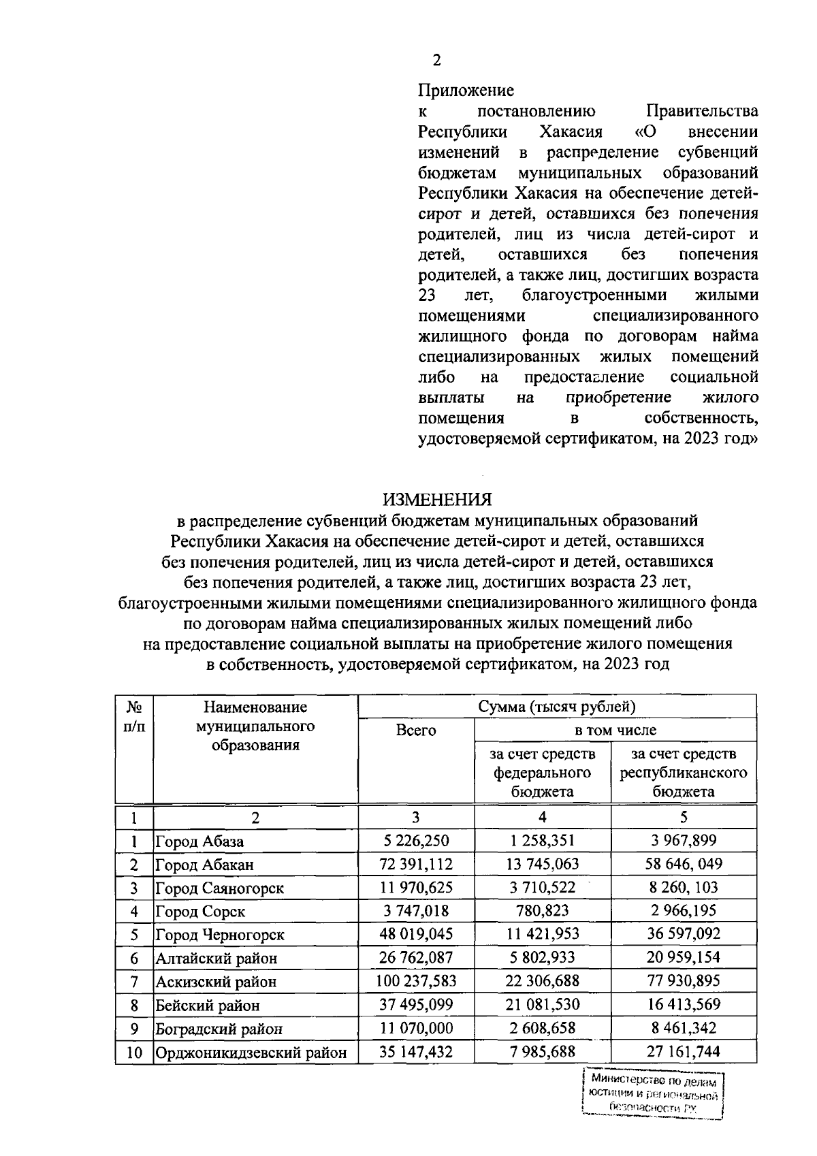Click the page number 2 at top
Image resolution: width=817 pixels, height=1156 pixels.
click(x=436, y=60)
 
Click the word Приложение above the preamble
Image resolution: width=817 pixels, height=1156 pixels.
click(x=466, y=90)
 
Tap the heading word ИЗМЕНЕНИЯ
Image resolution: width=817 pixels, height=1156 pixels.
click(x=436, y=499)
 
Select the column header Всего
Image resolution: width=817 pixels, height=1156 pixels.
click(x=416, y=730)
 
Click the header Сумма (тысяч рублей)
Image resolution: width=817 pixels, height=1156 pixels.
click(x=557, y=707)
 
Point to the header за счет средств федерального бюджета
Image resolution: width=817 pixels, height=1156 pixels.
click(x=542, y=772)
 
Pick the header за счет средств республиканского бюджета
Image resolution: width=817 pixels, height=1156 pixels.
click(x=683, y=772)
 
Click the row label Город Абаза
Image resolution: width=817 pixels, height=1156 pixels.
click(x=199, y=841)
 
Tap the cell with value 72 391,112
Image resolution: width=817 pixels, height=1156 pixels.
click(x=416, y=865)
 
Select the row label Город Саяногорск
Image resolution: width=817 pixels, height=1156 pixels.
click(x=219, y=888)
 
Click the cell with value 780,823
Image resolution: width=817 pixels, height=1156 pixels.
click(x=542, y=911)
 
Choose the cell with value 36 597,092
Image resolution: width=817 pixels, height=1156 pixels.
click(x=683, y=934)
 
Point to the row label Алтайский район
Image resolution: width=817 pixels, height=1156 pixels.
click(x=217, y=959)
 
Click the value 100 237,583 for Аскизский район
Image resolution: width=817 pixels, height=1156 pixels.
click(x=416, y=981)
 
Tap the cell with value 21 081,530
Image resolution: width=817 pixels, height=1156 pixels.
click(x=542, y=1004)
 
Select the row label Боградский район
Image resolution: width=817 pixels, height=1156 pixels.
click(x=219, y=1029)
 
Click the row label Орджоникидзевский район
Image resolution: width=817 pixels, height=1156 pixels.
click(x=251, y=1053)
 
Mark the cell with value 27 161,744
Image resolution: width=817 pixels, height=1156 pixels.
click(x=683, y=1052)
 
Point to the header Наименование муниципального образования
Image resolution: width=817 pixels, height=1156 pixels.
click(x=255, y=726)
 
